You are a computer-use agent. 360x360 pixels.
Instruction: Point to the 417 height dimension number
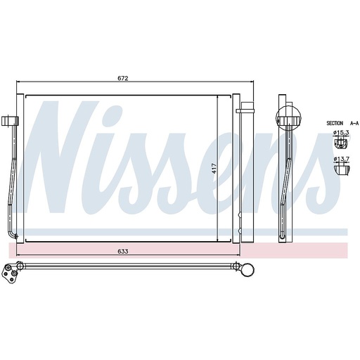click(x=212, y=169)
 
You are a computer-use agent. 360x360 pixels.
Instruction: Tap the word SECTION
click(x=335, y=123)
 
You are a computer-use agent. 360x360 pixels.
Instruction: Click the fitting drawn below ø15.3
click(x=340, y=143)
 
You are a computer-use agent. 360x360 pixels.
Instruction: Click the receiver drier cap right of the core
click(x=246, y=110)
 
